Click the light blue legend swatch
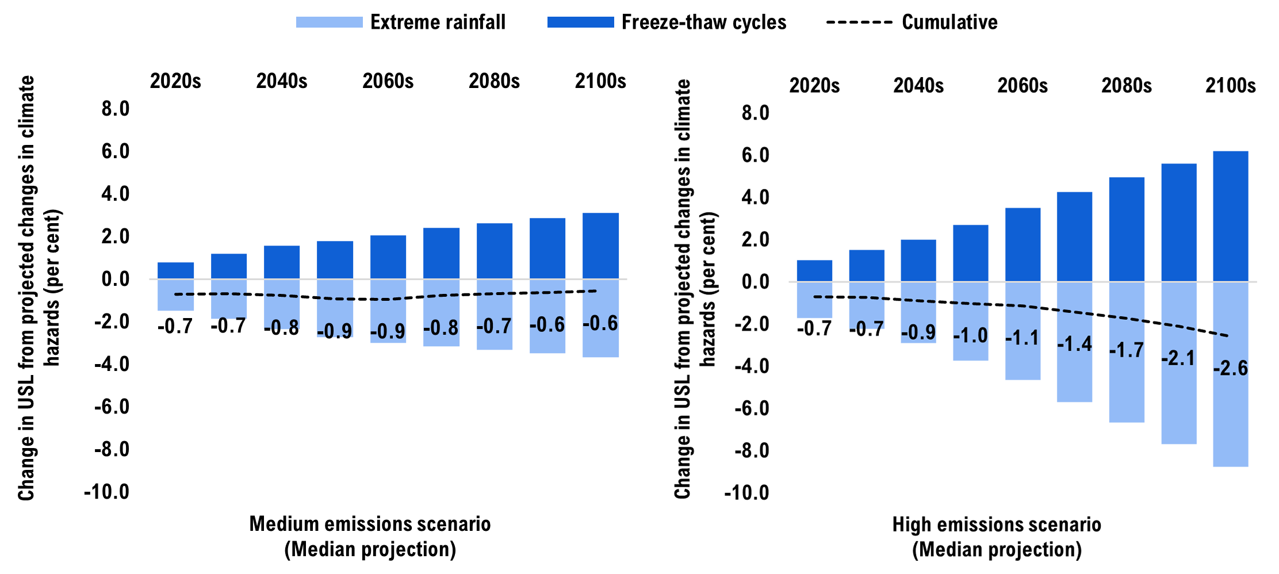point(329,22)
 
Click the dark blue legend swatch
point(580,22)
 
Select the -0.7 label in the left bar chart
point(494,327)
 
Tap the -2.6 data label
point(1230,368)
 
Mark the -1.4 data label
point(1074,344)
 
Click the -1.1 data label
point(1022,338)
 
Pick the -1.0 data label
point(970,335)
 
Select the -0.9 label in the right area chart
point(918,332)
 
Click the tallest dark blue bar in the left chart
point(600,246)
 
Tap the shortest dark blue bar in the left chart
point(175,270)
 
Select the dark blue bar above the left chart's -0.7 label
point(495,251)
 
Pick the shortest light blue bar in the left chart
point(175,303)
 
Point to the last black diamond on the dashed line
point(1205,331)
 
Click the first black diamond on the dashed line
point(841,297)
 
